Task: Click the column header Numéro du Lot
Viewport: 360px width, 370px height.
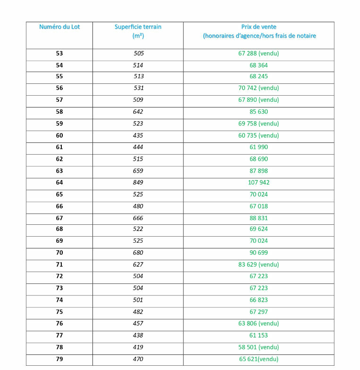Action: point(59,27)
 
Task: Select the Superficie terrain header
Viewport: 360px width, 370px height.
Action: point(138,27)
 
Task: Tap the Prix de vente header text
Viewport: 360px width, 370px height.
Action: point(259,27)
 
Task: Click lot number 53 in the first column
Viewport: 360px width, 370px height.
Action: point(59,53)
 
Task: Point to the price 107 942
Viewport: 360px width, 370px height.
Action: point(259,182)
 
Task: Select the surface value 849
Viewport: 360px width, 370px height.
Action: point(138,182)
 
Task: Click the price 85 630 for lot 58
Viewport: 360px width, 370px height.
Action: point(259,112)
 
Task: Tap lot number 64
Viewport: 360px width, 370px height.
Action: point(59,182)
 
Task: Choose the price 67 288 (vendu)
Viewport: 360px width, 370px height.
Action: point(259,53)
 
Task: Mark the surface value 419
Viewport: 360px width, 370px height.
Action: point(138,347)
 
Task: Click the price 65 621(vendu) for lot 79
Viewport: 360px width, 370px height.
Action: point(259,359)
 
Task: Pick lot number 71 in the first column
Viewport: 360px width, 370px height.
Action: point(59,265)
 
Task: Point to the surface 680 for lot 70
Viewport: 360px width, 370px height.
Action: point(138,253)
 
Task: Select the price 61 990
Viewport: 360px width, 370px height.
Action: point(259,147)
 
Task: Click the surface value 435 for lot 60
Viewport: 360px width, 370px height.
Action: point(138,135)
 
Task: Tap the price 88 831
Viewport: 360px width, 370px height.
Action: point(259,218)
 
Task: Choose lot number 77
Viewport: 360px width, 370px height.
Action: point(59,335)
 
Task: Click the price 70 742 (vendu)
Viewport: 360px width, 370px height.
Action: point(259,88)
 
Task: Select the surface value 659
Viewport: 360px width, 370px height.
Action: point(138,171)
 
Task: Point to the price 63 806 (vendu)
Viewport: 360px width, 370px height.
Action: point(259,323)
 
